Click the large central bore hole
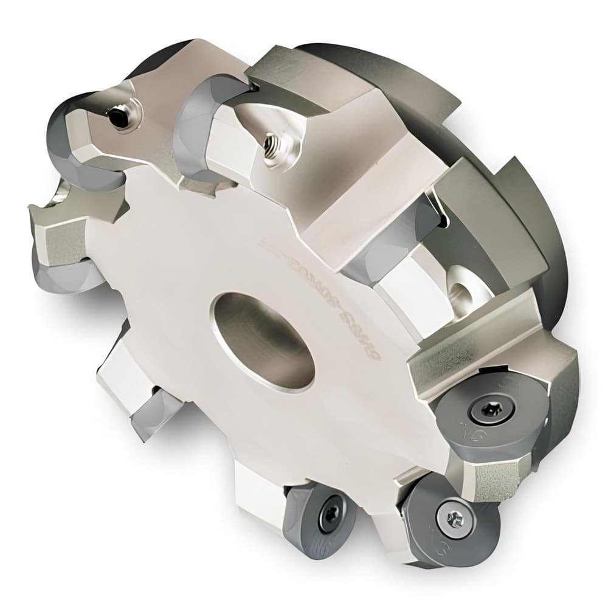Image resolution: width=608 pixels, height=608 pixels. pyautogui.click(x=263, y=341)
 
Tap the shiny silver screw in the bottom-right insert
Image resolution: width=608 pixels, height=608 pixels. pyautogui.click(x=454, y=519)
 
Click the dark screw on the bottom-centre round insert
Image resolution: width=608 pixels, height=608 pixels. pyautogui.click(x=332, y=514)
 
